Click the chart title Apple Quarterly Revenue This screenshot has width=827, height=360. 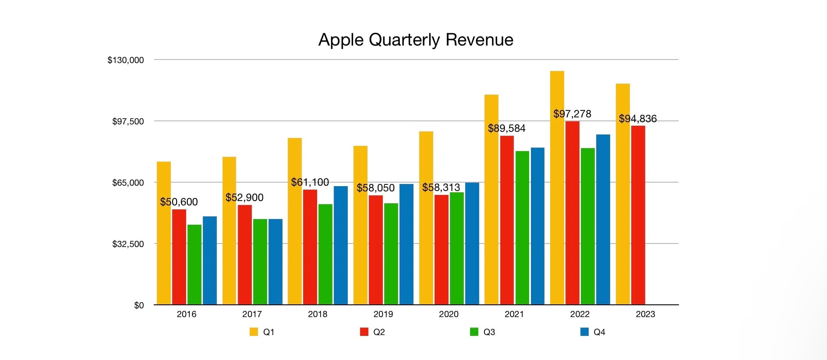415,40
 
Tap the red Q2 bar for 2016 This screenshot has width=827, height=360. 179,257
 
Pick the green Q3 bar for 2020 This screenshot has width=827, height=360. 456,248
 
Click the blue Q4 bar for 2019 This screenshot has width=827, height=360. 406,244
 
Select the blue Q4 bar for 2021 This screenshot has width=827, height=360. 537,226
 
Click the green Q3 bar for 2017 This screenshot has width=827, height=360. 260,261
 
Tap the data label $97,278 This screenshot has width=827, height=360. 572,114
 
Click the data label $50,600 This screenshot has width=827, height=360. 179,202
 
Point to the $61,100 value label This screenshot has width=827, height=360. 310,182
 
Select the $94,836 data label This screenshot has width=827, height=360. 637,119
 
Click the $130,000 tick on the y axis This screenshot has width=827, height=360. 125,60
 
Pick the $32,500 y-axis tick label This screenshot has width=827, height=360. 128,244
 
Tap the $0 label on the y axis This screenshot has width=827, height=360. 139,305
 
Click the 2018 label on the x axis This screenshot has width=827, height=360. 318,314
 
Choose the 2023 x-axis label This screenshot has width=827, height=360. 645,314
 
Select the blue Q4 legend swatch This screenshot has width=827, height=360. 584,332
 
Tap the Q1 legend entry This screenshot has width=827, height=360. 262,332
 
